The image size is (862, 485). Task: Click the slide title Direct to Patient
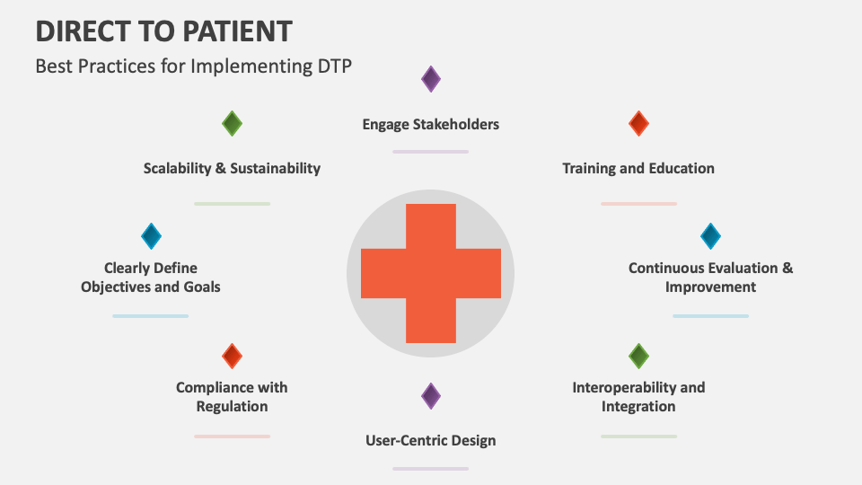(163, 31)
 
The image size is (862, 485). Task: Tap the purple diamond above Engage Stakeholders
(431, 79)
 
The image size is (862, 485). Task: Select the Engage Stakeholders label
(430, 124)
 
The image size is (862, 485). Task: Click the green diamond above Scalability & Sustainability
(232, 123)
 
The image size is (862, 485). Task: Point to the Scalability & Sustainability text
(232, 168)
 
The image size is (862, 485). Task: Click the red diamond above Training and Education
(638, 123)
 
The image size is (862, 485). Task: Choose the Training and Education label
(638, 168)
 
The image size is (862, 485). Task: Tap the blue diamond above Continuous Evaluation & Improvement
(710, 236)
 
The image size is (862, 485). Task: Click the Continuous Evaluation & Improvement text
(710, 278)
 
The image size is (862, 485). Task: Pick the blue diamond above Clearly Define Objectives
(151, 236)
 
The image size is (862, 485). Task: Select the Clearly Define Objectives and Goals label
(151, 278)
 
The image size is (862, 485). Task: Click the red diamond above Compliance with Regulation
(232, 356)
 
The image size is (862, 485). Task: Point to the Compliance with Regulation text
(232, 397)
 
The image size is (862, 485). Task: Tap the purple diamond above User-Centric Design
(431, 395)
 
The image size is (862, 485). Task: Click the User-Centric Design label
(430, 440)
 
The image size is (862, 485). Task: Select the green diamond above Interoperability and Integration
(638, 356)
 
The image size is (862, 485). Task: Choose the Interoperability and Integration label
(638, 397)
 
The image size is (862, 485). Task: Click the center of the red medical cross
(431, 273)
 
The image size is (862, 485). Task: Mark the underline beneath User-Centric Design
(430, 468)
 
